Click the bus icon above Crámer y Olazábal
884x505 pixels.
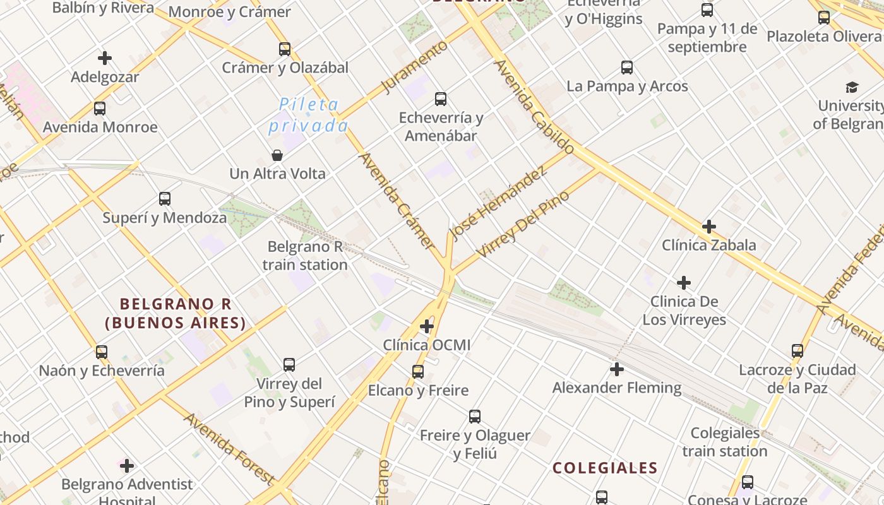coord(285,49)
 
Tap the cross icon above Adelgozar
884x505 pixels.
coord(105,58)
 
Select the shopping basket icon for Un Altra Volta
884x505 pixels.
coord(277,155)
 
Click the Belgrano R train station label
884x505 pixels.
coord(305,256)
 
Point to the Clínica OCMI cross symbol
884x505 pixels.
coord(427,326)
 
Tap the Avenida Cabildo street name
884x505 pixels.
coord(534,107)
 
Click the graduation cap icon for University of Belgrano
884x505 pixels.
coord(852,87)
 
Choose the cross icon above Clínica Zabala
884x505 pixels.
coord(709,226)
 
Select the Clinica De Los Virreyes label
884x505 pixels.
coord(684,310)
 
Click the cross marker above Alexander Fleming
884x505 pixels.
coord(617,369)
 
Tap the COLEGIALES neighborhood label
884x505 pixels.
coord(605,468)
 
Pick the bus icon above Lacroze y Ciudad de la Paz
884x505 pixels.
coord(797,351)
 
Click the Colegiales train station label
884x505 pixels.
coord(725,442)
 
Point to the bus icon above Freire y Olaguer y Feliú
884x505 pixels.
coord(475,417)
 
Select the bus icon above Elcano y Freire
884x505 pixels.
coord(418,372)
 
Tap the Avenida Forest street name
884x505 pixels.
coord(229,449)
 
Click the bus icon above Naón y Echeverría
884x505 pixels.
coord(101,352)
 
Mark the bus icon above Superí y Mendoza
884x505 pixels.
coord(165,199)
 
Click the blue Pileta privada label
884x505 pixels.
coord(308,115)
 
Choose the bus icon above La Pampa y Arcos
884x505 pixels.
coord(627,68)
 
